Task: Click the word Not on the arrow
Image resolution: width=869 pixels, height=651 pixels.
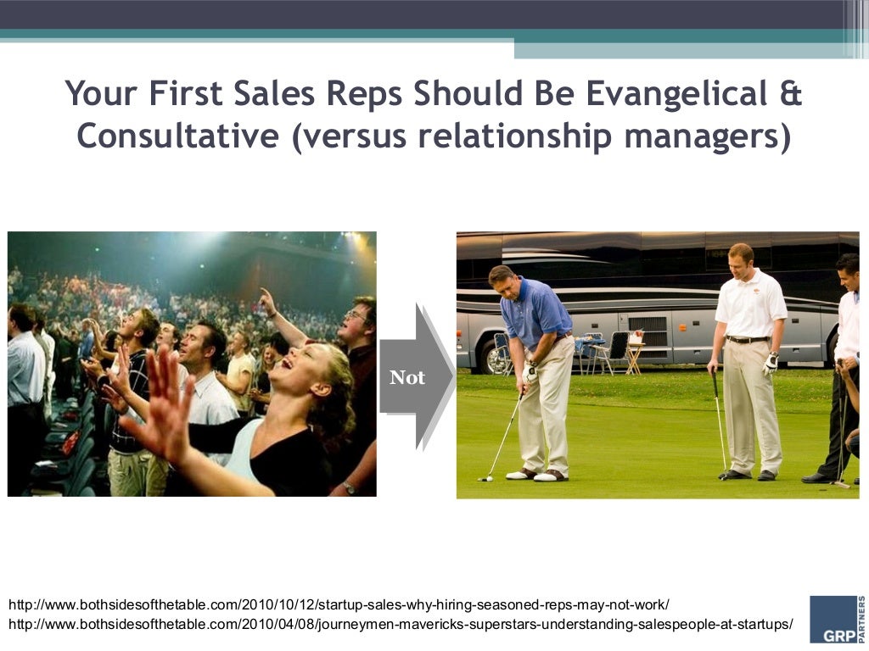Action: pyautogui.click(x=407, y=378)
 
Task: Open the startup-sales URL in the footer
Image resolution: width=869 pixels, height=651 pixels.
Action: pyautogui.click(x=339, y=605)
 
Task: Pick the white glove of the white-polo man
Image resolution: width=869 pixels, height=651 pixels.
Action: pyautogui.click(x=771, y=363)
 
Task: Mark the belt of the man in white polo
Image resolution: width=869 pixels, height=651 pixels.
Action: pyautogui.click(x=748, y=339)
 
